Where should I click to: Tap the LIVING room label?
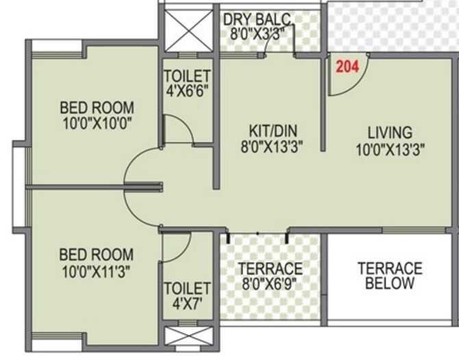pos(389,132)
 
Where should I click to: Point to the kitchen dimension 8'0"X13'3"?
pos(269,145)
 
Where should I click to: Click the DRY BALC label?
pos(257,18)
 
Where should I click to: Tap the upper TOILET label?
pos(186,75)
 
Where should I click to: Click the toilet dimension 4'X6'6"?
pos(186,90)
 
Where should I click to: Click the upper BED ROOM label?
pos(97,108)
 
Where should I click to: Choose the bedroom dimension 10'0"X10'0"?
pos(97,123)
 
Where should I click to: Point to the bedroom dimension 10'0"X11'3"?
pos(97,270)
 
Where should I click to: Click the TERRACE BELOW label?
pos(390,275)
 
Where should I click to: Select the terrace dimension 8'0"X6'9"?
pos(270,283)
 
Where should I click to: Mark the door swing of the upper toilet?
pos(177,130)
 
